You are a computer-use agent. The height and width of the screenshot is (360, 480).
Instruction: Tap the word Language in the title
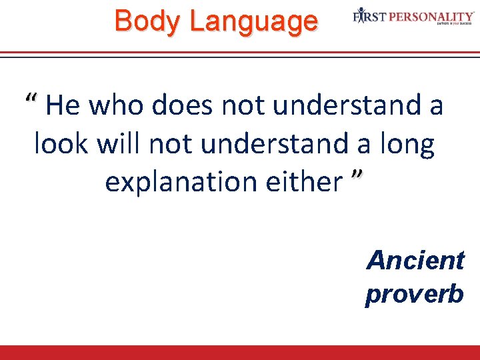(253, 21)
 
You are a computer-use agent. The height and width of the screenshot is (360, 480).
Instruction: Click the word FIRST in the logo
(368, 16)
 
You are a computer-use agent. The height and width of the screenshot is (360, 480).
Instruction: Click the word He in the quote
(63, 105)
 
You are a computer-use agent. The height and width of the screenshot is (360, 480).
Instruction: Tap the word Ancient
(415, 260)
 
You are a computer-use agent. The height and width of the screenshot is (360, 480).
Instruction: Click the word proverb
(414, 293)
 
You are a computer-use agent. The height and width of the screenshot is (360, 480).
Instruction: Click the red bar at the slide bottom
(240, 353)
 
